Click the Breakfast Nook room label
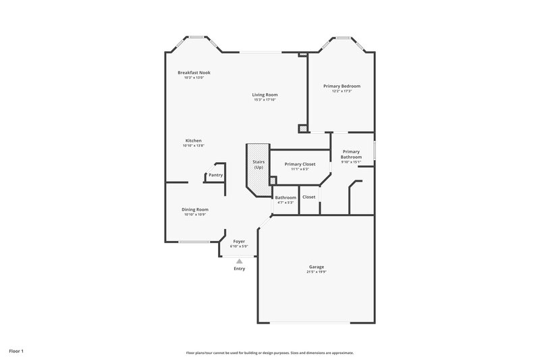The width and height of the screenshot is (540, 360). tap(194, 72)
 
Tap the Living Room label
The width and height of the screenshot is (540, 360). tap(265, 95)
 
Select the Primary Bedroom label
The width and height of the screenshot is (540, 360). tap(342, 86)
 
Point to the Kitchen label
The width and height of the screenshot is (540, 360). tap(194, 140)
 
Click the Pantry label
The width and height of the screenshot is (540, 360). tap(215, 175)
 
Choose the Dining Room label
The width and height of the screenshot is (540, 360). tap(194, 209)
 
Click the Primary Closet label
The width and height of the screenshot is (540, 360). tap(300, 163)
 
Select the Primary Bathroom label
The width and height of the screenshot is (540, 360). tap(351, 154)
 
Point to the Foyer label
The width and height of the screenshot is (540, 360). tap(239, 241)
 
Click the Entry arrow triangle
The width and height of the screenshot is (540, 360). tap(239, 261)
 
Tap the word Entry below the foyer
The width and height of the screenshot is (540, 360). tap(239, 269)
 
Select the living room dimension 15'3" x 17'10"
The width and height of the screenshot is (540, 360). tap(265, 100)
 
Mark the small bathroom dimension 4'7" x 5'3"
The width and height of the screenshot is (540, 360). tap(286, 203)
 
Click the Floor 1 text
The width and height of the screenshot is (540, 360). tap(17, 352)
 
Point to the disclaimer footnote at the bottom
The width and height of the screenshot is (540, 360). tap(270, 353)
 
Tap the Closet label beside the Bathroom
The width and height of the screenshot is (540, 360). tap(309, 197)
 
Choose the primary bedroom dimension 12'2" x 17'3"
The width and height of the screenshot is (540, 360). tap(342, 91)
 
